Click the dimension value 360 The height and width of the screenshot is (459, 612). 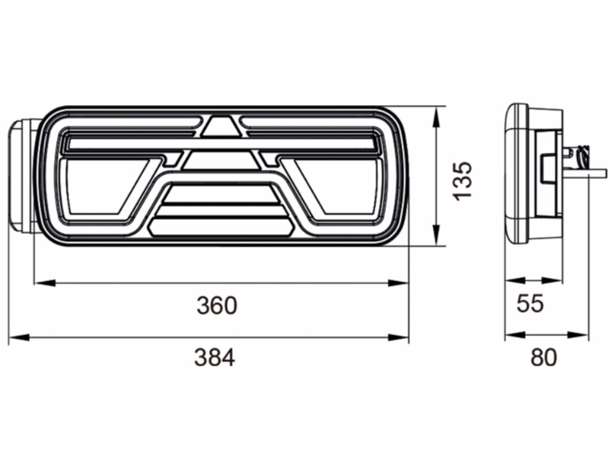point(217,305)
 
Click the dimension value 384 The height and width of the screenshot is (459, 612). point(215,357)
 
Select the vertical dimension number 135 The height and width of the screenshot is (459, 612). point(463,180)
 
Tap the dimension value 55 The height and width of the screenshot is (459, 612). point(530,303)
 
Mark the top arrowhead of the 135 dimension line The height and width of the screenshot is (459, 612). point(436,117)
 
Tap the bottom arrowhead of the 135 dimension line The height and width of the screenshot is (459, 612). point(436,235)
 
